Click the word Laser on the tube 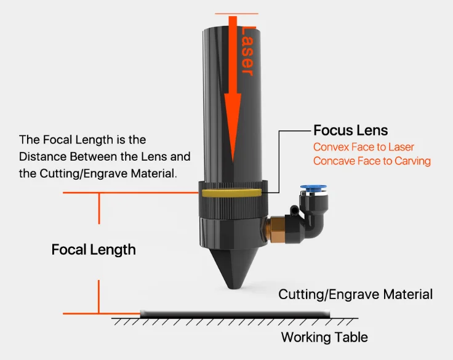pyautogui.click(x=247, y=52)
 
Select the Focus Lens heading pyautogui.click(x=350, y=130)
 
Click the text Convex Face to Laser pyautogui.click(x=363, y=147)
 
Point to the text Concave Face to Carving pyautogui.click(x=372, y=161)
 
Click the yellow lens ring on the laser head pyautogui.click(x=233, y=193)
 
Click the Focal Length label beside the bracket pyautogui.click(x=94, y=250)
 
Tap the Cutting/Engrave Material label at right pyautogui.click(x=355, y=294)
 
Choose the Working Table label pyautogui.click(x=324, y=337)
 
